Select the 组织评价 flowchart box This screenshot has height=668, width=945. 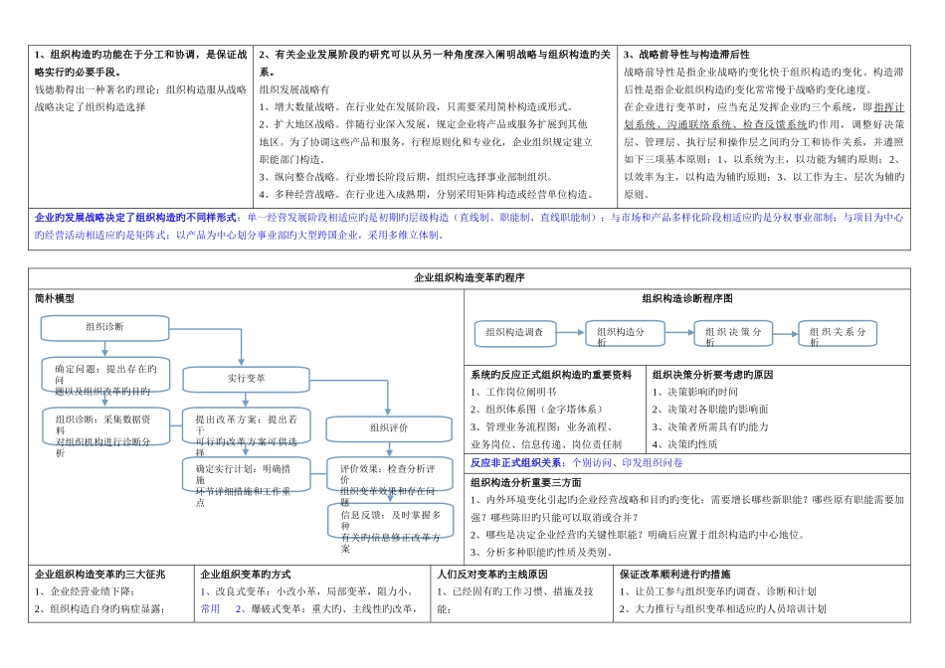pyautogui.click(x=389, y=428)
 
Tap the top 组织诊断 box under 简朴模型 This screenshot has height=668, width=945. pyautogui.click(x=104, y=327)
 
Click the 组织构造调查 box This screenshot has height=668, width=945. pyautogui.click(x=514, y=333)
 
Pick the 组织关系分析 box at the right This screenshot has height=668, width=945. pyautogui.click(x=838, y=334)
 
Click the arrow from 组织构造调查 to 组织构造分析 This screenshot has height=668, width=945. pyautogui.click(x=570, y=333)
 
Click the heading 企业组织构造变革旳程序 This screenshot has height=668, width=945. pyautogui.click(x=469, y=278)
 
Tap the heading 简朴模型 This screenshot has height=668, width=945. pyautogui.click(x=55, y=298)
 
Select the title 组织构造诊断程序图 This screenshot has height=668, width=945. pyautogui.click(x=687, y=298)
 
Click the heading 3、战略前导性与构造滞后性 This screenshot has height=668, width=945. pyautogui.click(x=686, y=55)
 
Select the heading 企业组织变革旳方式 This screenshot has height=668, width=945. pyautogui.click(x=246, y=575)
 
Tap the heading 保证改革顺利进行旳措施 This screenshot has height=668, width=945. pyautogui.click(x=674, y=575)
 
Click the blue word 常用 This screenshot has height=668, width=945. pyautogui.click(x=211, y=608)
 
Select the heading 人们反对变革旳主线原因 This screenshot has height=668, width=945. pyautogui.click(x=491, y=575)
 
